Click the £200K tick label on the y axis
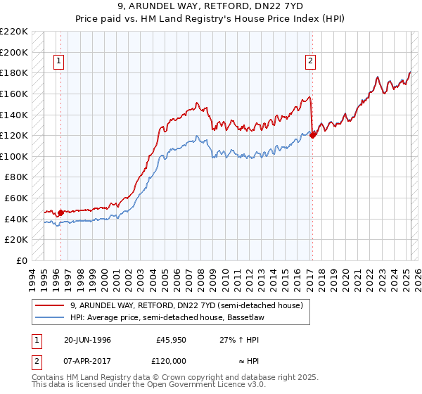14,52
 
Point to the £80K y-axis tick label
16,177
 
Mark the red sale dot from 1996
61,212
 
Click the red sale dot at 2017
313,135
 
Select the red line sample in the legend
50,305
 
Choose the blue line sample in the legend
50,318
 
